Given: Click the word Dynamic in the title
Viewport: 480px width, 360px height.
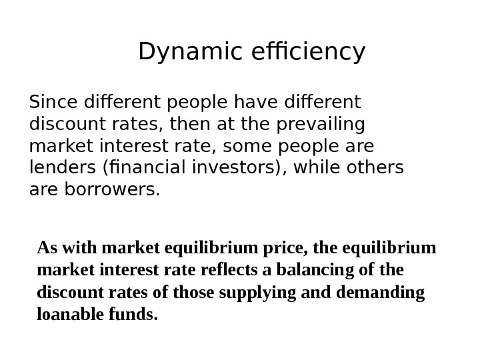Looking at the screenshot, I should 182,51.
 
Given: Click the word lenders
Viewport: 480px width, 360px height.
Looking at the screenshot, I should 60,167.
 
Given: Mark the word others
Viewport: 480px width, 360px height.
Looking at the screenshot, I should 375,167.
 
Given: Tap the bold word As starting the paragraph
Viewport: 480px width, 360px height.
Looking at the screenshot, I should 47,249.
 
